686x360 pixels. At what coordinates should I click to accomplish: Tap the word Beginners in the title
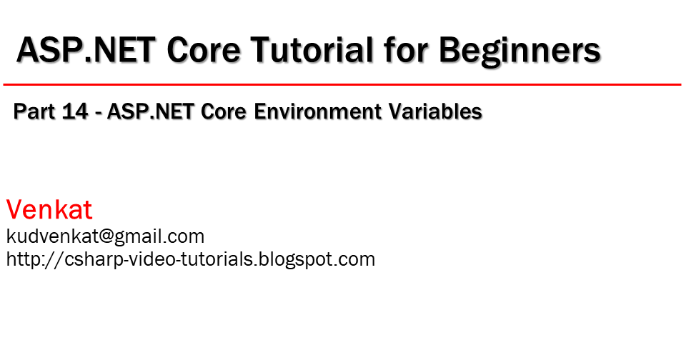coord(520,51)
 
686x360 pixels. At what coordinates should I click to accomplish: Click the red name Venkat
coord(49,210)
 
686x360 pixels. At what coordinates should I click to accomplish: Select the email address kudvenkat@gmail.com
coord(105,236)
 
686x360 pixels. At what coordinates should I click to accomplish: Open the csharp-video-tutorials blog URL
coord(190,259)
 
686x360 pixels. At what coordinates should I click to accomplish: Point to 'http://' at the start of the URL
coord(28,259)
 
